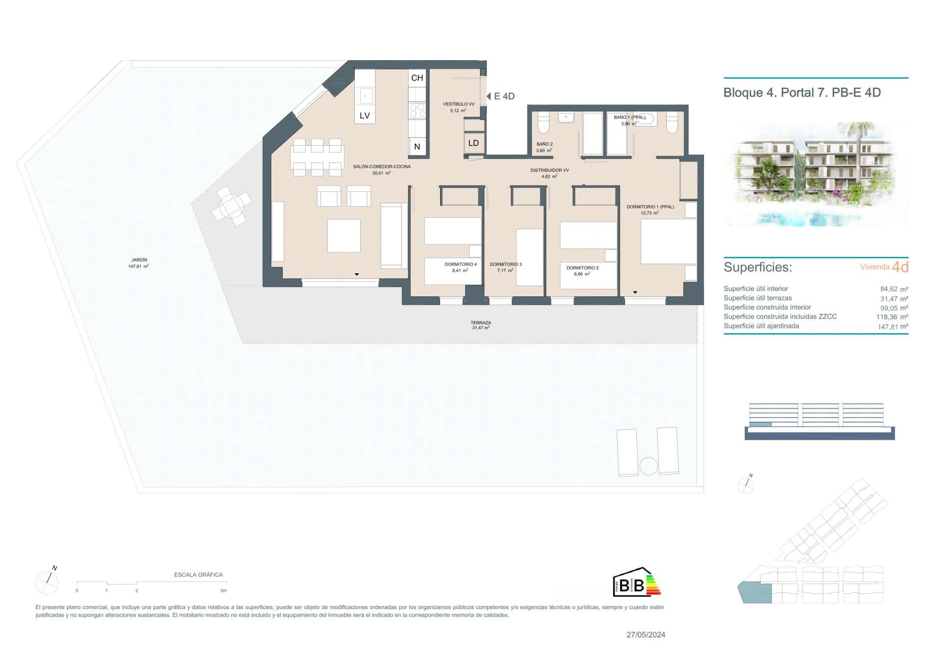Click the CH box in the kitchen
click(x=417, y=78)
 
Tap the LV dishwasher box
click(x=365, y=115)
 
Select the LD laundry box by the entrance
click(x=473, y=143)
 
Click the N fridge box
click(x=417, y=146)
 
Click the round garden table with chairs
click(x=232, y=206)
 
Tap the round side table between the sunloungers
click(x=649, y=466)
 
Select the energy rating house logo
click(x=637, y=582)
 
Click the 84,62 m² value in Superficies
click(x=894, y=289)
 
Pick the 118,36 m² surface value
click(x=892, y=317)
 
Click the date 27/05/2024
click(x=646, y=635)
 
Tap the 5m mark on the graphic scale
click(x=223, y=590)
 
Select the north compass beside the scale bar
click(x=48, y=582)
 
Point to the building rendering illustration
click(x=816, y=174)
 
